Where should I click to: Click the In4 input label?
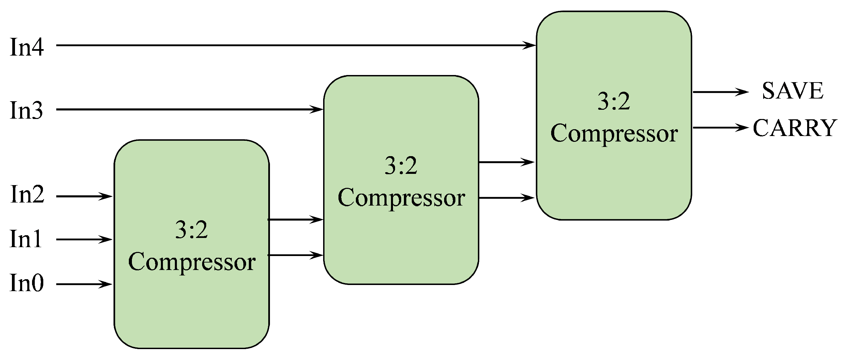27,47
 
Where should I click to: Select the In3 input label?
27,110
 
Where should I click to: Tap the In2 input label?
27,194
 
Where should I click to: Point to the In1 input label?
26,239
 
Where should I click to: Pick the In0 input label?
27,283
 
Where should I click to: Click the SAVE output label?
792,91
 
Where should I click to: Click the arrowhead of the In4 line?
529,45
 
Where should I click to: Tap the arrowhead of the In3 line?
317,109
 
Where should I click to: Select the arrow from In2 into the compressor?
84,196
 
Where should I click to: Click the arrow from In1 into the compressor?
84,240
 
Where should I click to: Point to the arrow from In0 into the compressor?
84,284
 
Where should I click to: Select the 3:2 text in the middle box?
401,166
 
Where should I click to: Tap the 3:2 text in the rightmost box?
614,101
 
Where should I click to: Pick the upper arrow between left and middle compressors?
296,220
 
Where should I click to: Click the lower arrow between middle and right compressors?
507,198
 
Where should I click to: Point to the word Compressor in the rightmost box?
614,134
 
